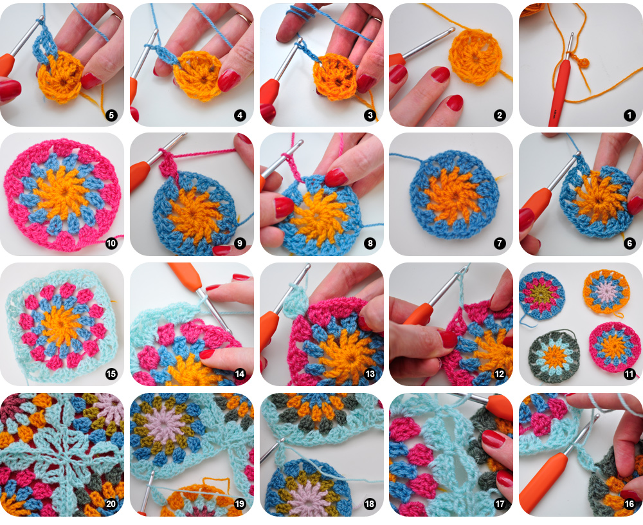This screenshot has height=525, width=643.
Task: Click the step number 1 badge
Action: pos(629,115)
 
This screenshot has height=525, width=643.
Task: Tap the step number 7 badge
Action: pos(499,243)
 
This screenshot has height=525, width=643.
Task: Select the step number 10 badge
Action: pos(111,243)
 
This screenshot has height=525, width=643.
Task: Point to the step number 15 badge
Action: pos(111,374)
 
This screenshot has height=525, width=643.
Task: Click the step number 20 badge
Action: pos(111,504)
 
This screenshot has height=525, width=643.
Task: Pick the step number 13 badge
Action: pos(370,374)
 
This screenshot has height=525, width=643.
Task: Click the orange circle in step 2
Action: pos(476,57)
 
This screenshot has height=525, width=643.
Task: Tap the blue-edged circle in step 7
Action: pos(455,194)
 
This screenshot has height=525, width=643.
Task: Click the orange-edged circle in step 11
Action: pos(606,293)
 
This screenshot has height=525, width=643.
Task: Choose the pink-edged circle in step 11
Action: pos(614,347)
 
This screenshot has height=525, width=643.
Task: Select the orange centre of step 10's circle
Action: pos(62,193)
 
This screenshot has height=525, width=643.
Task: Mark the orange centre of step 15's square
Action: pos(62,324)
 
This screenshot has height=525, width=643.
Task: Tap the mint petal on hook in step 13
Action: pos(295,302)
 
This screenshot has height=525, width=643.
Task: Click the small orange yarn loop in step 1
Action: pos(583,63)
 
